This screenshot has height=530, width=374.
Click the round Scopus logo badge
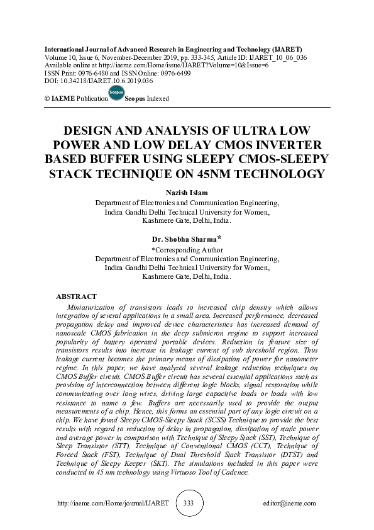116,94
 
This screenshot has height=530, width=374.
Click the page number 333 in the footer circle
188,504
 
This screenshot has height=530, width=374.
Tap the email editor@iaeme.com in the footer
290,504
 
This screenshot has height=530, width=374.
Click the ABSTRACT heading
76,296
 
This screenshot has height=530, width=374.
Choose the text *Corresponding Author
187,249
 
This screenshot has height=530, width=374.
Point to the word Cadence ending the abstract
234,472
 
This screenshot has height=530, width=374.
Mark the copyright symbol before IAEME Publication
47,99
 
